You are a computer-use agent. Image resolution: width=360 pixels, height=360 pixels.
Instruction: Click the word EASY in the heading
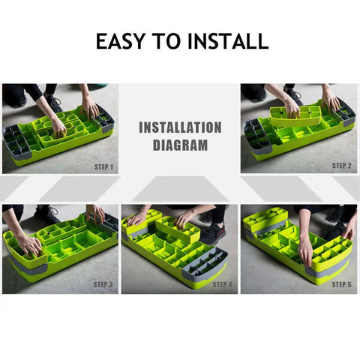pyautogui.click(x=120, y=41)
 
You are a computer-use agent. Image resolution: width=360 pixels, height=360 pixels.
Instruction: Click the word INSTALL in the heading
pyautogui.click(x=228, y=41)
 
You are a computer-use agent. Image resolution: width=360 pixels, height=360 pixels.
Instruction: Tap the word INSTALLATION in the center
pyautogui.click(x=180, y=127)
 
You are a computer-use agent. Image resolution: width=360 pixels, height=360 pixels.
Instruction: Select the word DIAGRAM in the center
pyautogui.click(x=180, y=145)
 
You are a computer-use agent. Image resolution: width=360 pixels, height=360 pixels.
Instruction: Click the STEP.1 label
pyautogui.click(x=103, y=167)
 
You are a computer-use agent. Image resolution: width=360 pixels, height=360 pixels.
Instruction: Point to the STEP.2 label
pyautogui.click(x=342, y=166)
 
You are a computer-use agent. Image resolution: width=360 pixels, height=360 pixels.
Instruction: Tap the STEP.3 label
pyautogui.click(x=103, y=284)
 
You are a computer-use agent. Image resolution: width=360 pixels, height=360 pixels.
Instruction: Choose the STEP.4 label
pyautogui.click(x=222, y=284)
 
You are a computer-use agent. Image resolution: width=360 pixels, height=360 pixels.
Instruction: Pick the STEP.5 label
pyautogui.click(x=342, y=284)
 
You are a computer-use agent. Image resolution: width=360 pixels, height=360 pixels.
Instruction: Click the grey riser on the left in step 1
pyautogui.click(x=17, y=141)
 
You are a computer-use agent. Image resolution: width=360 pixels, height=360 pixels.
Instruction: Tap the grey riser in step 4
pyautogui.click(x=205, y=264)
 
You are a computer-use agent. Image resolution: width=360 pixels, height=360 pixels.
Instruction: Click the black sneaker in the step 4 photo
pyautogui.click(x=213, y=234)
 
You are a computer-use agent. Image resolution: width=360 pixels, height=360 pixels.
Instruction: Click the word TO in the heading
pyautogui.click(x=166, y=41)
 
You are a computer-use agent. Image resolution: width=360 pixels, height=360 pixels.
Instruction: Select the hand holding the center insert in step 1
pyautogui.click(x=58, y=127)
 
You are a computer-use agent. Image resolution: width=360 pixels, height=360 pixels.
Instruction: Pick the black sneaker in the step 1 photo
pyautogui.click(x=53, y=102)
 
